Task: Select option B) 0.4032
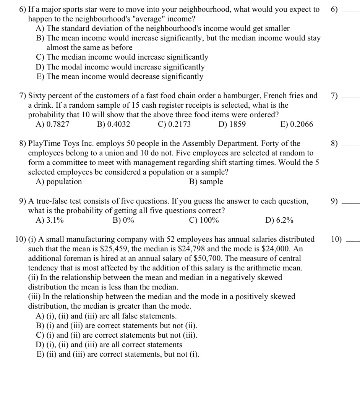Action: click(x=114, y=124)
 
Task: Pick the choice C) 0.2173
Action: click(x=174, y=124)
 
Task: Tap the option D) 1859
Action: click(x=232, y=124)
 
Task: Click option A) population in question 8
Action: click(x=58, y=182)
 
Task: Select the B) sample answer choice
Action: click(x=206, y=182)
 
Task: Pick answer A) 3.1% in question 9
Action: click(x=50, y=220)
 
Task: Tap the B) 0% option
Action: click(x=123, y=220)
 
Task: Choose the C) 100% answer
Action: click(x=204, y=220)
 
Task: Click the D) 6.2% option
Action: click(x=279, y=220)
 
